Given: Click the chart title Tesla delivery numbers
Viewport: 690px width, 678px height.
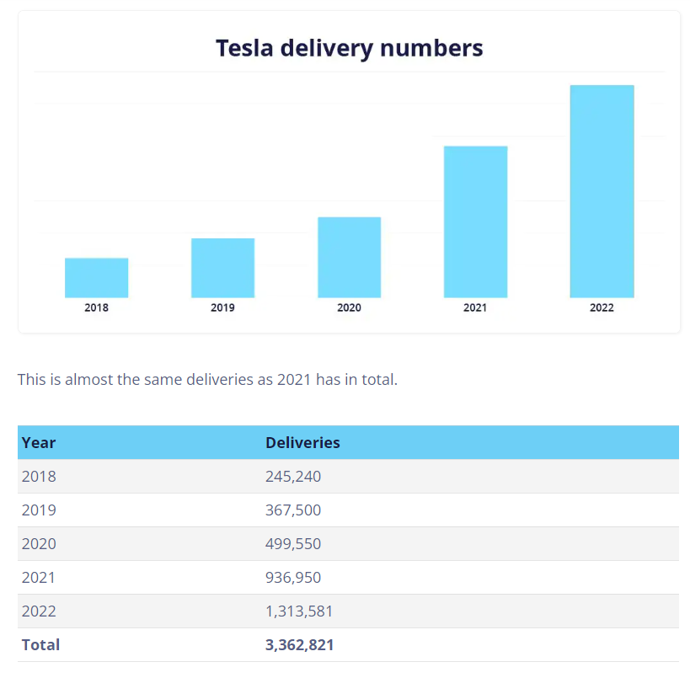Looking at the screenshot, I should pyautogui.click(x=349, y=48).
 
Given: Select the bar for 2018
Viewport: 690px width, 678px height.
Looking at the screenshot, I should pyautogui.click(x=96, y=277).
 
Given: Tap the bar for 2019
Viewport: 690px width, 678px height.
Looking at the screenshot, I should pyautogui.click(x=222, y=268).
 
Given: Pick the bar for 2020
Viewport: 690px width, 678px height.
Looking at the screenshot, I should pyautogui.click(x=349, y=257).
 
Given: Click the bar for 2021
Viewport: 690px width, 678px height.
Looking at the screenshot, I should pyautogui.click(x=475, y=222).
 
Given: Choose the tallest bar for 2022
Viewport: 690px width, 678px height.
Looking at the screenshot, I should pyautogui.click(x=602, y=191).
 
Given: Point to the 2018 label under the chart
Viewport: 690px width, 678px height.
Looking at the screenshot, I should pyautogui.click(x=96, y=308).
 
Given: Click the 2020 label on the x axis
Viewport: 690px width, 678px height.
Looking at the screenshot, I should pyautogui.click(x=349, y=308).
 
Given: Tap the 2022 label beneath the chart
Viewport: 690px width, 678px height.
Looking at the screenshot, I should pyautogui.click(x=602, y=308).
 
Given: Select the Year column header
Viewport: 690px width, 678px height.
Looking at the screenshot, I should pyautogui.click(x=39, y=443).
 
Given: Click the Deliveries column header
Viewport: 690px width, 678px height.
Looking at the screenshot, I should pyautogui.click(x=302, y=443).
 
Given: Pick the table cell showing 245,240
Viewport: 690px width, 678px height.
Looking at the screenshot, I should pyautogui.click(x=293, y=477).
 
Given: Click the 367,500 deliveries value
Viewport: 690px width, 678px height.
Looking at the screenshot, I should pyautogui.click(x=293, y=510).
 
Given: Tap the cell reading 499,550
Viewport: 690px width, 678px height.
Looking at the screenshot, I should pyautogui.click(x=293, y=544).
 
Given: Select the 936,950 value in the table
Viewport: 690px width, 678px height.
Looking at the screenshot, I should pyautogui.click(x=293, y=578).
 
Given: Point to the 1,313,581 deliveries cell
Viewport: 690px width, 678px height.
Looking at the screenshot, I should pyautogui.click(x=299, y=611).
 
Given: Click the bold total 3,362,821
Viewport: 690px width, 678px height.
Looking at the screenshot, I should pyautogui.click(x=300, y=645).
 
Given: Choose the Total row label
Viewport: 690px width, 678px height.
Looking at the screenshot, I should pyautogui.click(x=40, y=645).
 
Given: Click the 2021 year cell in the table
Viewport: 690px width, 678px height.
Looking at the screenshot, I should pyautogui.click(x=39, y=578).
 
